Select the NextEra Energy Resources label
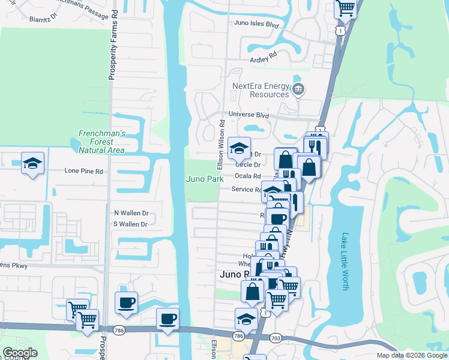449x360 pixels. [261, 90]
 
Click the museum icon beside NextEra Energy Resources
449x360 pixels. [299, 91]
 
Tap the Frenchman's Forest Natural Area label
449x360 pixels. [101, 141]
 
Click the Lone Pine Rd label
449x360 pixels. [84, 171]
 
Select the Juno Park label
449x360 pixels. [205, 179]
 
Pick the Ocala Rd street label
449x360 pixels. [249, 176]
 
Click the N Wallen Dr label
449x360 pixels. [131, 213]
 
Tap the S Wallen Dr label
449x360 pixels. [130, 224]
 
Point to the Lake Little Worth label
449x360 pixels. [345, 261]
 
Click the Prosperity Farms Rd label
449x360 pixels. [112, 51]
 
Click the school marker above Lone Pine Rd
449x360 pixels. [33, 163]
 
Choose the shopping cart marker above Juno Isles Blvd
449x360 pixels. [346, 7]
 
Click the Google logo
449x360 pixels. [20, 353]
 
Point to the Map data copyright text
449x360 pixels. [411, 355]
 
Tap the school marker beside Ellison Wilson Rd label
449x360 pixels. [239, 148]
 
